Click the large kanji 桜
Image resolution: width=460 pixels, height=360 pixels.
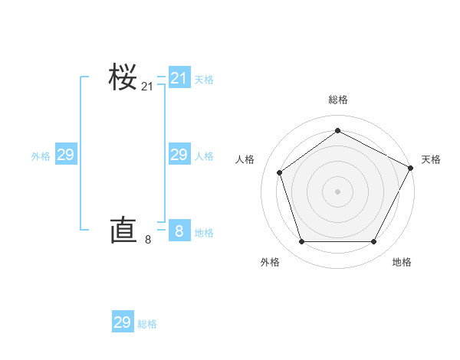tap(123, 78)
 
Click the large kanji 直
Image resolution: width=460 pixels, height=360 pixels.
tap(123, 230)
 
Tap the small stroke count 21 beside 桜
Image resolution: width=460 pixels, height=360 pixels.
tap(147, 87)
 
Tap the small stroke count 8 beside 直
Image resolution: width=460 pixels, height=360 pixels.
tap(148, 240)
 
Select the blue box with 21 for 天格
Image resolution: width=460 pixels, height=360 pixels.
tap(179, 78)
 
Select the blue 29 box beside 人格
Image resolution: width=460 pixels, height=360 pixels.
tap(179, 155)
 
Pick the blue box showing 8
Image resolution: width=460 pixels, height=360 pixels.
tap(179, 231)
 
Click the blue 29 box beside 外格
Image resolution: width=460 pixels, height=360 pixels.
tap(66, 155)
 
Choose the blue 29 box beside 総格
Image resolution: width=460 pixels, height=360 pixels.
tap(123, 322)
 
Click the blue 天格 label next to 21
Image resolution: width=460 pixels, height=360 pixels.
tap(204, 80)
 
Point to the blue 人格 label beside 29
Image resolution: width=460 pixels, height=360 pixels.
tap(204, 156)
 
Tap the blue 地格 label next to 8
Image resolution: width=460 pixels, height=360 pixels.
tap(204, 233)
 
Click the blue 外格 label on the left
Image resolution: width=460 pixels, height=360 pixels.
tap(41, 156)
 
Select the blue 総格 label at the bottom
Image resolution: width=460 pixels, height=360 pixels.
tap(147, 324)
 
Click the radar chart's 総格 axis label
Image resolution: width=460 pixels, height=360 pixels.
tap(337, 100)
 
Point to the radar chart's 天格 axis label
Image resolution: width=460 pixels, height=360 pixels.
tap(432, 159)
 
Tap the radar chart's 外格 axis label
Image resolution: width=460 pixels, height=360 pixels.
tap(270, 262)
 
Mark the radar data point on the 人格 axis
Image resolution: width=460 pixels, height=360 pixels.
tap(280, 172)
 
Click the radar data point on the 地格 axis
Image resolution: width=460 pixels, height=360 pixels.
tap(373, 241)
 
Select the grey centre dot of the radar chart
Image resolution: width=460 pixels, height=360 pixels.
tap(337, 191)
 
